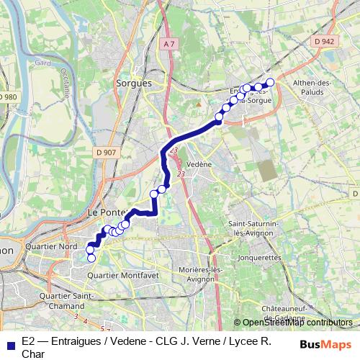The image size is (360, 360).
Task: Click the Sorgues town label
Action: click(134, 83)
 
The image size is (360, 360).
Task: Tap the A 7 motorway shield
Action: click(169, 44)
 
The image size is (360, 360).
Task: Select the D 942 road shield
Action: click(325, 42)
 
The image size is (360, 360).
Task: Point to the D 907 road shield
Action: click(105, 152)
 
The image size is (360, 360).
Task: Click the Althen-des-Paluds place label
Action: click(311, 89)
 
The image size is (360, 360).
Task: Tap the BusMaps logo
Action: click(325, 344)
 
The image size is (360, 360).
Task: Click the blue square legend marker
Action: click(8, 343)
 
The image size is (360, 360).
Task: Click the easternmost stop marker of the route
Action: click(271, 82)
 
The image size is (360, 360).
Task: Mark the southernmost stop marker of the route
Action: click(91, 258)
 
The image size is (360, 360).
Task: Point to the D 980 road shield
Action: click(8, 96)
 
